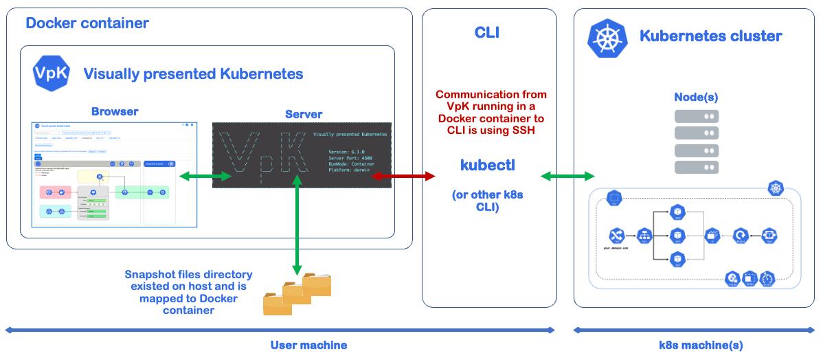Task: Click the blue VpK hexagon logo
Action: click(52, 74)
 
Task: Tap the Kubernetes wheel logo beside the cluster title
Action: click(607, 37)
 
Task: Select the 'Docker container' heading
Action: click(87, 23)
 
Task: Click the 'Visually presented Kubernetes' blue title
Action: click(193, 74)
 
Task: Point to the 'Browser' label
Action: click(115, 111)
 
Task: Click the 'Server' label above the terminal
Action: click(304, 114)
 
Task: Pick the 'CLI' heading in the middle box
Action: click(487, 32)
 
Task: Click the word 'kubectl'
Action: click(488, 166)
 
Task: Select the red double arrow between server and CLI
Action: click(403, 177)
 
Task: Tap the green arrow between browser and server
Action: click(205, 177)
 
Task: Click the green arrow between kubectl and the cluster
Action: click(567, 177)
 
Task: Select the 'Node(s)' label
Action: click(696, 98)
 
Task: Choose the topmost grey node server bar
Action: click(697, 116)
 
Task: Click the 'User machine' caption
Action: click(308, 345)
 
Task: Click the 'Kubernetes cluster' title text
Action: click(710, 36)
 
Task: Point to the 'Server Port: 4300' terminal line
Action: click(351, 158)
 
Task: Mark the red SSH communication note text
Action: click(491, 113)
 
